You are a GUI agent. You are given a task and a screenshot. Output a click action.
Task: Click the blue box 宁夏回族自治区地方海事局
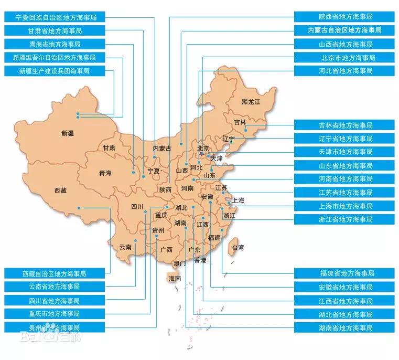click(x=54, y=17)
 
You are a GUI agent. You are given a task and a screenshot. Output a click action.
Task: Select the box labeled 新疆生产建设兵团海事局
click(x=54, y=70)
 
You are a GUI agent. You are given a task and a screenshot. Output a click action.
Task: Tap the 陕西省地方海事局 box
click(x=344, y=17)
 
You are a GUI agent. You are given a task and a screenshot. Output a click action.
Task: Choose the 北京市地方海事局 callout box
click(x=344, y=57)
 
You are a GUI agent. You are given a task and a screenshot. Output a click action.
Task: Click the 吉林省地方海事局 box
click(x=344, y=125)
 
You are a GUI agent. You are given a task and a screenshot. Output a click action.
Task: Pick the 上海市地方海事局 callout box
click(x=344, y=206)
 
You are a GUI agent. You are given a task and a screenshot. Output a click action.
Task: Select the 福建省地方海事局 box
click(x=344, y=273)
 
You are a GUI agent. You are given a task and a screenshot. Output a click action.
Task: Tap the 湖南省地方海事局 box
click(x=344, y=327)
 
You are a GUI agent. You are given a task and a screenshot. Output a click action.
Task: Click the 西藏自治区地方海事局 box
click(x=54, y=274)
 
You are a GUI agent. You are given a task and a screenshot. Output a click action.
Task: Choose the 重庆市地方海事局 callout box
click(x=54, y=314)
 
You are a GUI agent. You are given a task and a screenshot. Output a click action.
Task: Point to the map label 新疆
click(x=68, y=133)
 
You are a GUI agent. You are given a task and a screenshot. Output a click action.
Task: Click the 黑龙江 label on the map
click(x=251, y=101)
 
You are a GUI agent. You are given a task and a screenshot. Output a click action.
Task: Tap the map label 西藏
click(x=60, y=190)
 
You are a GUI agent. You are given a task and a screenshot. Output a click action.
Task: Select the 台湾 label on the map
click(x=238, y=247)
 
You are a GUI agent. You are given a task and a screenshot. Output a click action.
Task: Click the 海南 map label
click(x=175, y=279)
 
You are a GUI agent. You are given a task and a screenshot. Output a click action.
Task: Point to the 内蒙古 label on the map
click(x=162, y=149)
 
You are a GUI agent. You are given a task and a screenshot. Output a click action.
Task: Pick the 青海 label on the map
click(x=105, y=173)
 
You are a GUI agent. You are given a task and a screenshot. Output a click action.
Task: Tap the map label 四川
click(x=137, y=206)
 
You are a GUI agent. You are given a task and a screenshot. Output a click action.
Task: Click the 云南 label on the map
click(x=125, y=247)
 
